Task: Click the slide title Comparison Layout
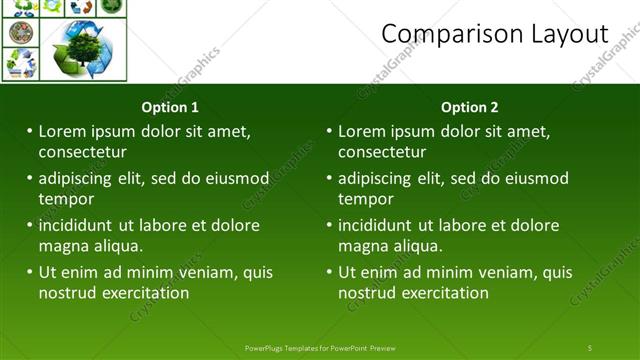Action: [494, 34]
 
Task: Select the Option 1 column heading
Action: [170, 107]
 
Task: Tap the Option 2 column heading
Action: [469, 107]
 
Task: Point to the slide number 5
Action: [590, 347]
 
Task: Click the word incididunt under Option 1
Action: [79, 225]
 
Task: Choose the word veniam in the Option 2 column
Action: [486, 272]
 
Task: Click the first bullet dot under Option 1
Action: [30, 131]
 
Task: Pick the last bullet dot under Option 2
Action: [330, 272]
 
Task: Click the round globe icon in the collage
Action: [20, 33]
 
